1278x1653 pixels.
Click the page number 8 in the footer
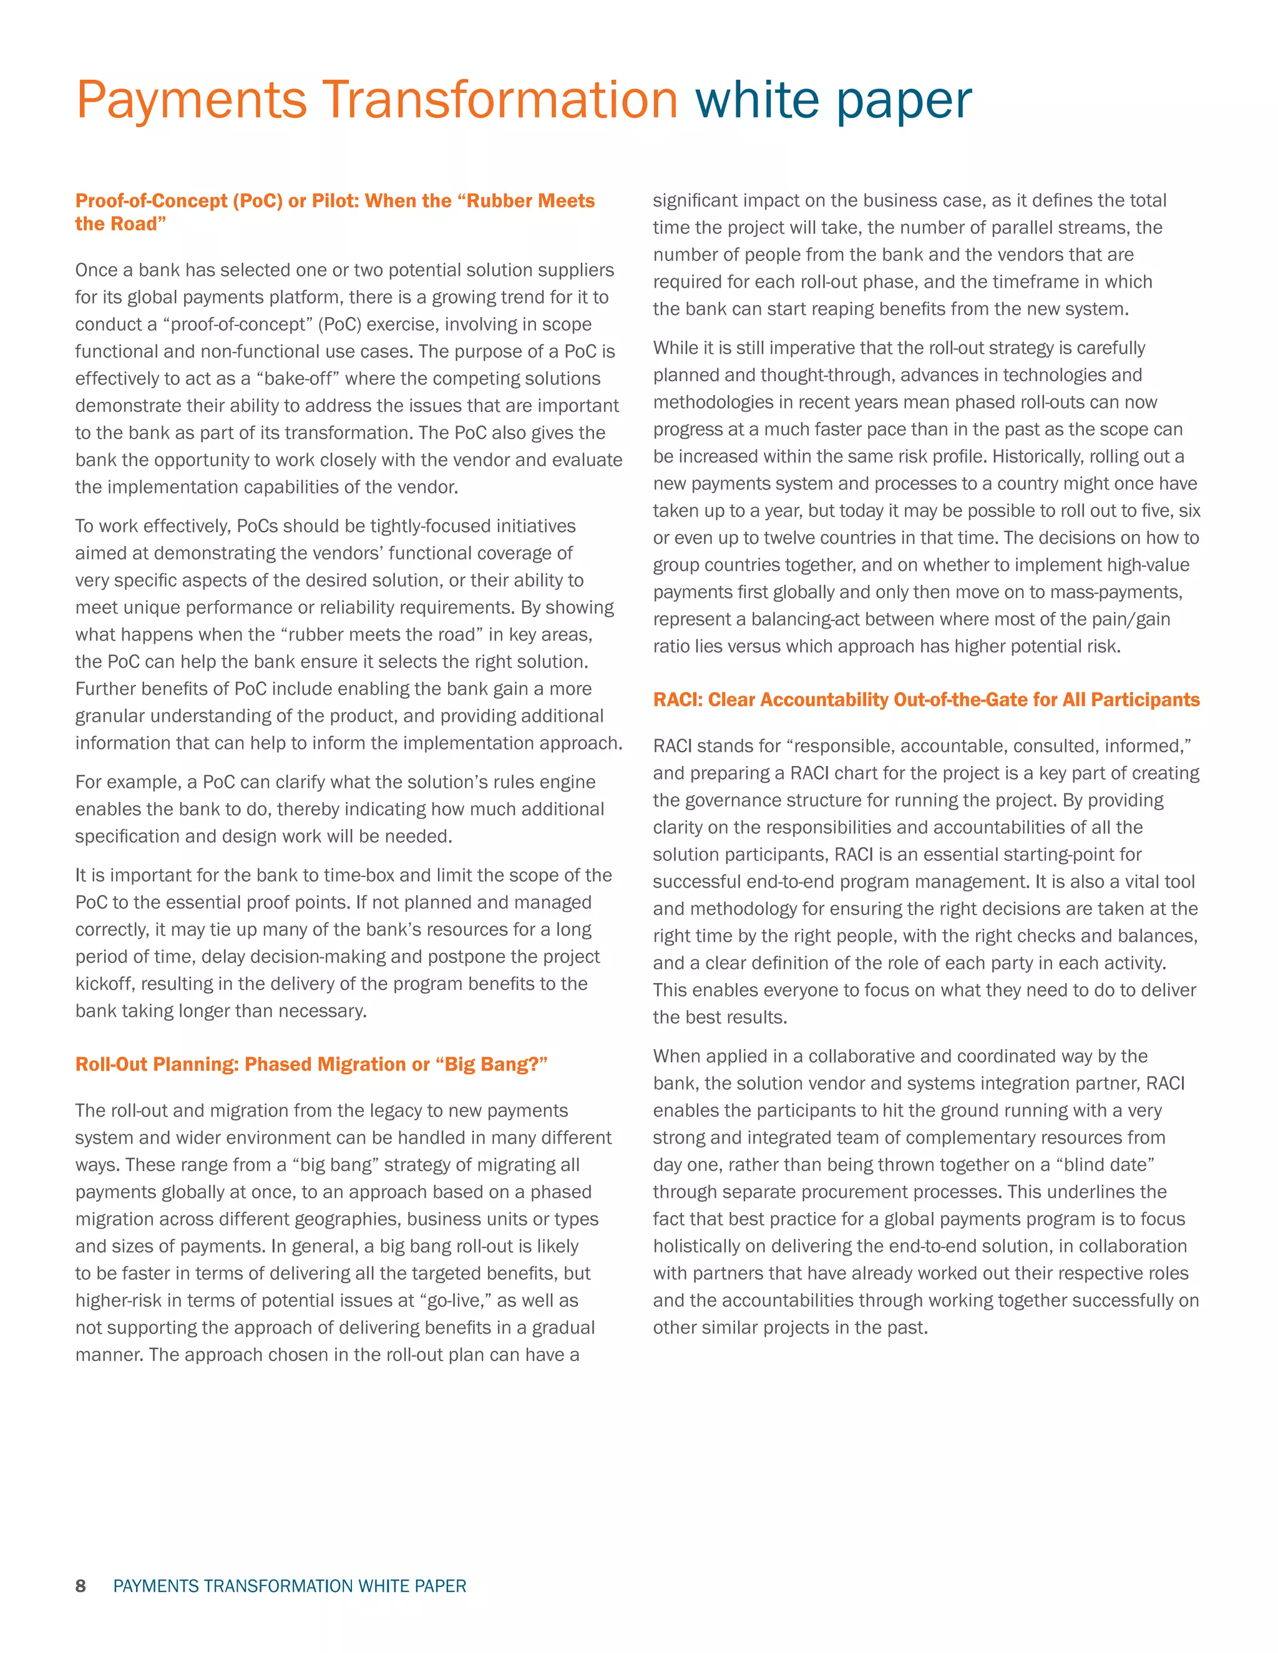point(80,1586)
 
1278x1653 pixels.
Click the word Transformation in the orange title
point(500,100)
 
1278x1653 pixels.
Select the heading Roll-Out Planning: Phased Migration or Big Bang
point(311,1064)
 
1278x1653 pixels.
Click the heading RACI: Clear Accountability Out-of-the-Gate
point(926,699)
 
